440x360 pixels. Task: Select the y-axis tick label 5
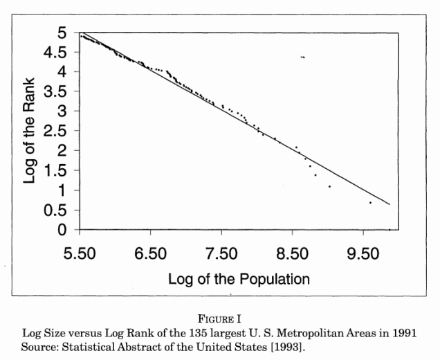pos(63,33)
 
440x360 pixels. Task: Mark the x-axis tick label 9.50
pos(362,253)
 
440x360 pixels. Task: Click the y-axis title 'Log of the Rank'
pos(30,130)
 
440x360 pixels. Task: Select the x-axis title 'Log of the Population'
pos(239,279)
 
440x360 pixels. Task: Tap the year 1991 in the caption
pos(403,332)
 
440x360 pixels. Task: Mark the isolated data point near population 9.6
pos(371,202)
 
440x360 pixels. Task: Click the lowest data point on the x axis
pos(389,229)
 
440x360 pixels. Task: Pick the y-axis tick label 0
pos(63,229)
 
